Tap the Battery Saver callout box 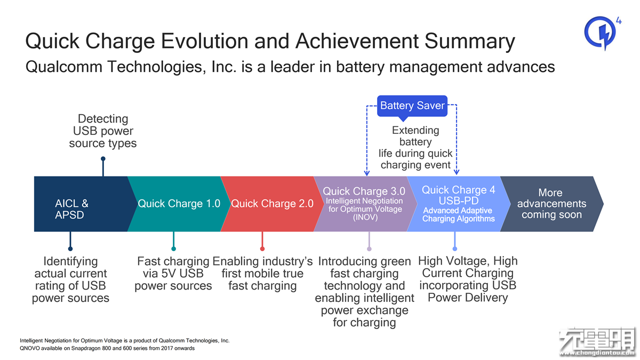412,106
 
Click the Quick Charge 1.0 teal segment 179,204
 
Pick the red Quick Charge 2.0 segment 272,204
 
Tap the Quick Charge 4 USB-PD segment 459,204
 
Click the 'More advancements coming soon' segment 552,204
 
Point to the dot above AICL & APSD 103,159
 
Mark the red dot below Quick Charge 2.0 262,249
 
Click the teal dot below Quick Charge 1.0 173,249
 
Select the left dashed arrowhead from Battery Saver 367,173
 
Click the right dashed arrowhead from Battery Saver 457,172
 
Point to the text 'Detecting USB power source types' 103,131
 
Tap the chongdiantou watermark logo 598,342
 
